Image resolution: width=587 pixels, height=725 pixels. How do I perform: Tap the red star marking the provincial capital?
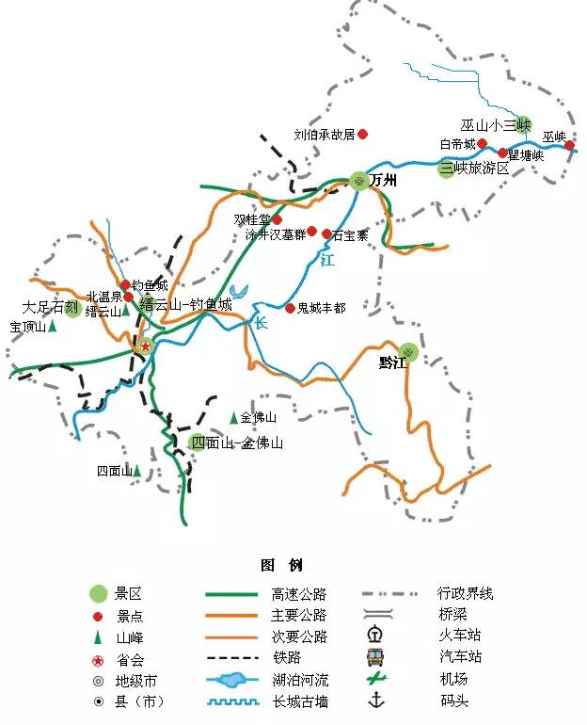pos(146,346)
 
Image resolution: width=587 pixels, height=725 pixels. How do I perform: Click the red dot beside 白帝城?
pos(483,144)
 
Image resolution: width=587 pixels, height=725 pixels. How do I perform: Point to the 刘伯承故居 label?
pos(324,135)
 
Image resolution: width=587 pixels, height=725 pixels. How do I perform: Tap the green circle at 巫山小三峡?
pos(524,124)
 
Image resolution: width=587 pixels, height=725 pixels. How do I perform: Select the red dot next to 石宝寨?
pos(326,234)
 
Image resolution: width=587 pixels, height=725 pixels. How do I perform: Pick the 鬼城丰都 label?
pos(321,308)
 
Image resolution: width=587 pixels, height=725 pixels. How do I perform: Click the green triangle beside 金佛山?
pos(233,417)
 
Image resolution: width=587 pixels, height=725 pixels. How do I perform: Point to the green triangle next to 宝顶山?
pos(53,326)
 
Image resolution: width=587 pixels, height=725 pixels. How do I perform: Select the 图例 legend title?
pos(281,565)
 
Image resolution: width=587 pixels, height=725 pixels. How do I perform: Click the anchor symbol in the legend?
pos(376,700)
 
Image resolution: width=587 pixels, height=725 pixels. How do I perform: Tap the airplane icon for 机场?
pos(375,678)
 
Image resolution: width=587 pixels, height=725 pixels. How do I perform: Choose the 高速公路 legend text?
pos(298,594)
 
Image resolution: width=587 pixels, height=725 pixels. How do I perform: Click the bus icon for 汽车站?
pos(375,656)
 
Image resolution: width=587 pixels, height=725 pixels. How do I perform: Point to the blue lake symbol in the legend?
pos(230,679)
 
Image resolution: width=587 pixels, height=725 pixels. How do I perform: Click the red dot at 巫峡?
pos(570,146)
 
